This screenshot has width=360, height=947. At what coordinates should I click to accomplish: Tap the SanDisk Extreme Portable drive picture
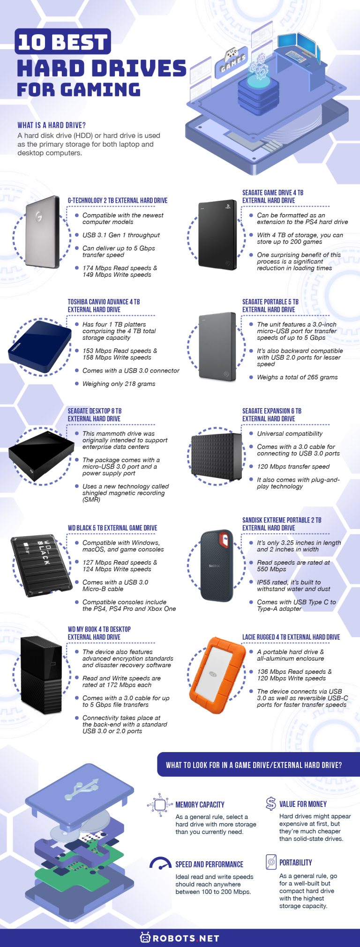coord(217,566)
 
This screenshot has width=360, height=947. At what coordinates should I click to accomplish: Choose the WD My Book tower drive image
coord(41,675)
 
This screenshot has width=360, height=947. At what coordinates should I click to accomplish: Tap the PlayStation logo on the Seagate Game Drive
coord(228,206)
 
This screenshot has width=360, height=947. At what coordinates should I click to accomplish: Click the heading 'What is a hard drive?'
coord(52,125)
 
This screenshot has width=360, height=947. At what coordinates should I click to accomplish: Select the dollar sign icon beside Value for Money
coord(270,804)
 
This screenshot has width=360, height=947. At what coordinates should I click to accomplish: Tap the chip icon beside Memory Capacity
coord(160,805)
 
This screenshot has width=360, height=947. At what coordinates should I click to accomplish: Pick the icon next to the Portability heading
coord(271,861)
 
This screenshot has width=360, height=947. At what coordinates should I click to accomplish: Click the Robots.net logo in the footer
coord(180,938)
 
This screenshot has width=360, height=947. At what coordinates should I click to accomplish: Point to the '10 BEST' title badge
coord(63,41)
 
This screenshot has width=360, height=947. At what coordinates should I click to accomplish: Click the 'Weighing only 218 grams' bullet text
coord(119,384)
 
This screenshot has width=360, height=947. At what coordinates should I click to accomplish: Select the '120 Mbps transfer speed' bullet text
coord(293,466)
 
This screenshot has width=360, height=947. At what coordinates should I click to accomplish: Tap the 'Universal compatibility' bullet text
coord(290,433)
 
